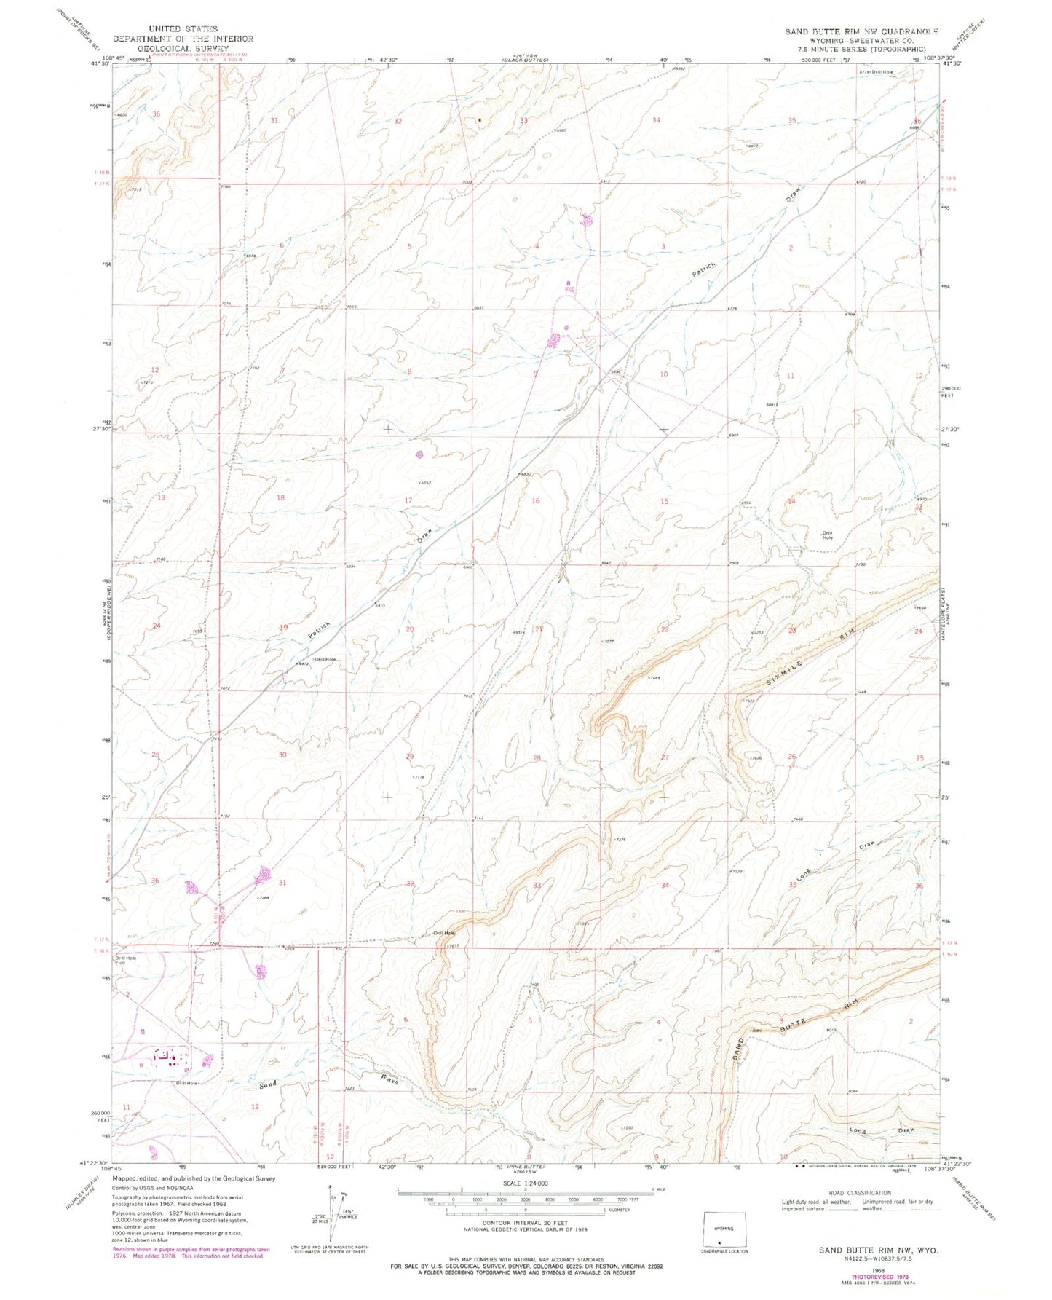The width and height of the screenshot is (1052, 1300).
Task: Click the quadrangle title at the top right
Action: click(x=861, y=32)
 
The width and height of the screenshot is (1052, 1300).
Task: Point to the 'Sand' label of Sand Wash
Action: click(x=268, y=1084)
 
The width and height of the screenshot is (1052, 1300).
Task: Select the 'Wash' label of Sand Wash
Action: click(x=387, y=1080)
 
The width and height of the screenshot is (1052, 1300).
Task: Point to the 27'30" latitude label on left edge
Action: click(x=100, y=429)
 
